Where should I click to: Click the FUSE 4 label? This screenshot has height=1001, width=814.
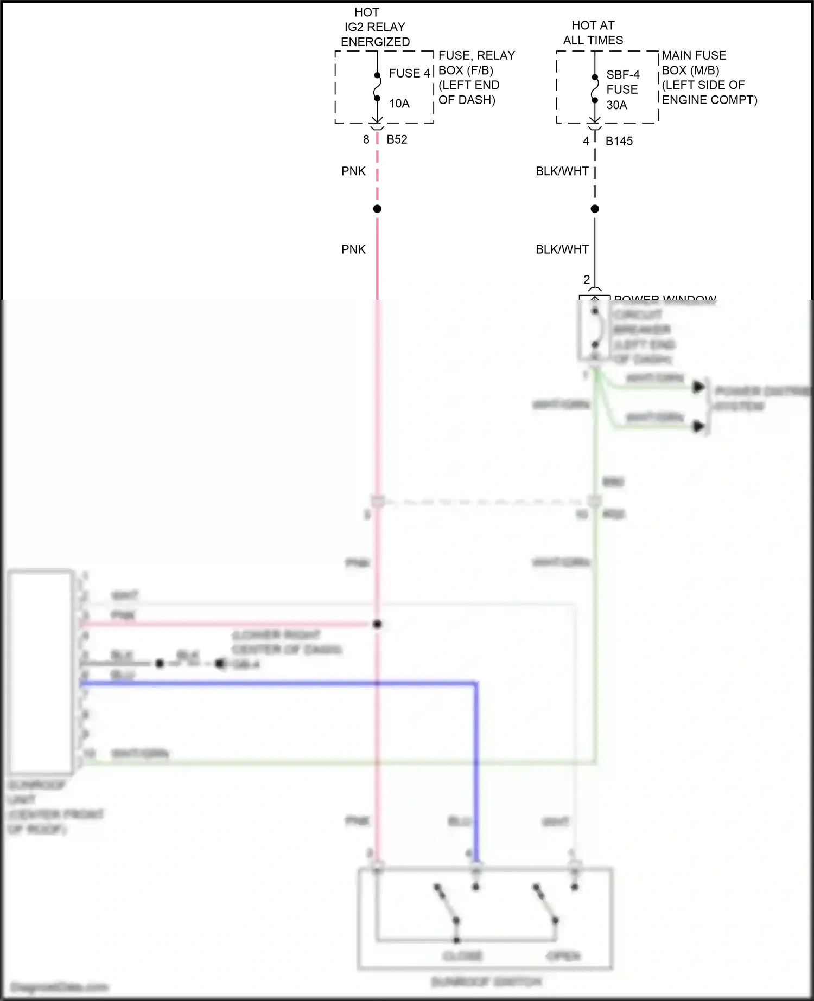tap(409, 73)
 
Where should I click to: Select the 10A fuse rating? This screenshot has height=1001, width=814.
tap(399, 104)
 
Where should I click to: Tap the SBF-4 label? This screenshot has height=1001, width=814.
tap(623, 75)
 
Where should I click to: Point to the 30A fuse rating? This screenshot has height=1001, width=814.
tap(616, 105)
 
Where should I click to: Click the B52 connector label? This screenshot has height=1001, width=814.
tap(397, 140)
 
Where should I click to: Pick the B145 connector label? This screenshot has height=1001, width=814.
tap(619, 142)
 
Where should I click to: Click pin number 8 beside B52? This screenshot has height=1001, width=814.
tap(366, 140)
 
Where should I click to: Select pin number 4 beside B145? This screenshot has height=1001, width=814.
tap(586, 142)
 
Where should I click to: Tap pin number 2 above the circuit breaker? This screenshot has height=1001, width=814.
tap(587, 280)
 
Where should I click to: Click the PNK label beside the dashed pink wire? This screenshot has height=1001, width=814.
tap(353, 171)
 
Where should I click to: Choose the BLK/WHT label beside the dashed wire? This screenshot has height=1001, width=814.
tap(562, 171)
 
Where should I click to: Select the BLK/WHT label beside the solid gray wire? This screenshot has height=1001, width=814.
tap(562, 249)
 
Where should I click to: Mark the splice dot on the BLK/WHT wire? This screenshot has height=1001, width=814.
tap(595, 209)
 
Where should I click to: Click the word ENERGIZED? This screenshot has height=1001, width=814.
tap(375, 42)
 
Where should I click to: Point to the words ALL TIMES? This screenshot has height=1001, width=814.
tap(593, 41)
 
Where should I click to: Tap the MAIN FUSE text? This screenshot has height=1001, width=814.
tap(694, 56)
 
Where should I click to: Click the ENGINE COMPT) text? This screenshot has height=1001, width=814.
tap(709, 100)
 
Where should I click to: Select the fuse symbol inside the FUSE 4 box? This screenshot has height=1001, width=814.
tap(377, 87)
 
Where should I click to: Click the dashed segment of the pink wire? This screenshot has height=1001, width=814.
tap(377, 174)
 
